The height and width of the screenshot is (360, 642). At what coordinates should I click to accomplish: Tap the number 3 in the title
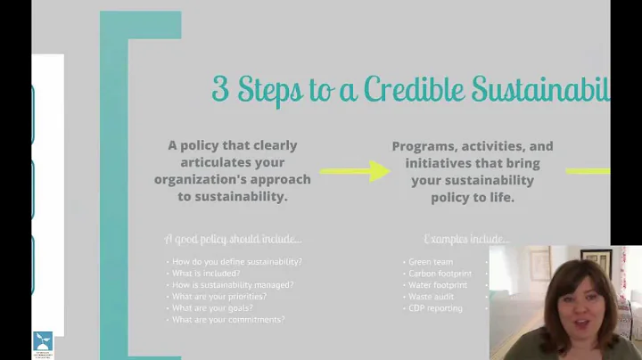pyautogui.click(x=219, y=89)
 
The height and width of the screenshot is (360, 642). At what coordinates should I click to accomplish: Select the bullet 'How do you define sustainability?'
pyautogui.click(x=236, y=261)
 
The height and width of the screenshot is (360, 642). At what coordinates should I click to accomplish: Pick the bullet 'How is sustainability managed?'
pyautogui.click(x=233, y=285)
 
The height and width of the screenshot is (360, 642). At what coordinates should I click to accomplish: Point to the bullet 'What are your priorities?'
pyautogui.click(x=219, y=297)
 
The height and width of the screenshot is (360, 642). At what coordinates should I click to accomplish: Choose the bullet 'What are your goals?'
pyautogui.click(x=210, y=308)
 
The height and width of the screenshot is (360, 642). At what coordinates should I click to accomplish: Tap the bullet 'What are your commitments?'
pyautogui.click(x=228, y=320)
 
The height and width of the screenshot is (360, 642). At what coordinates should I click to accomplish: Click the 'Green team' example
pyautogui.click(x=431, y=261)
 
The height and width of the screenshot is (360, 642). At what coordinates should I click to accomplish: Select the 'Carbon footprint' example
pyautogui.click(x=440, y=273)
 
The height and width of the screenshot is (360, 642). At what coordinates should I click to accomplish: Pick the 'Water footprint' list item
pyautogui.click(x=439, y=285)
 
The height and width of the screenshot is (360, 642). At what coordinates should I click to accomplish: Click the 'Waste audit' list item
pyautogui.click(x=432, y=297)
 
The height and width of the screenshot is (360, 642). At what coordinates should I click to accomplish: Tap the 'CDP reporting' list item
pyautogui.click(x=435, y=308)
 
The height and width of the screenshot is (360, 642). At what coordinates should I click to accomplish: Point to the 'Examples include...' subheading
pyautogui.click(x=466, y=239)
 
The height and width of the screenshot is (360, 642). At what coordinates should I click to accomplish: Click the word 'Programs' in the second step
pyautogui.click(x=424, y=146)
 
